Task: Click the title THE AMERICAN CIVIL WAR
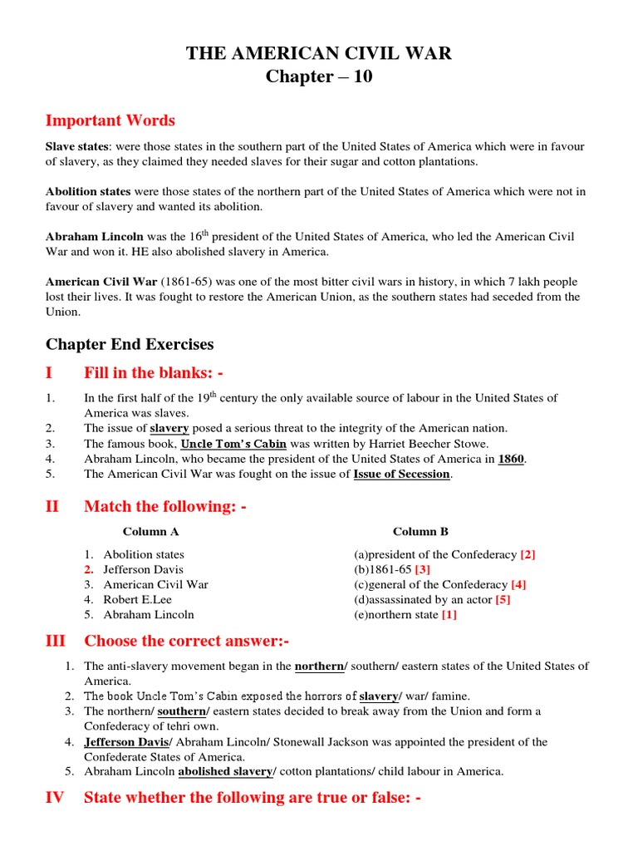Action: pos(318,55)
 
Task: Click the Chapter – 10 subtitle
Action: pos(318,78)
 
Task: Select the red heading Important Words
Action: pos(110,121)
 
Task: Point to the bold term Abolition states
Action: pos(88,191)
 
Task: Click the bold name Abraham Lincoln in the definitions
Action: pos(94,237)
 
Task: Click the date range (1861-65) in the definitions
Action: pos(184,282)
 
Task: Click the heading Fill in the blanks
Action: pos(154,373)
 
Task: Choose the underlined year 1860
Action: pos(511,459)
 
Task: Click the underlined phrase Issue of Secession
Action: pos(401,474)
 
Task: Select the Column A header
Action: pos(150,531)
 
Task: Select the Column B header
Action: pos(420,531)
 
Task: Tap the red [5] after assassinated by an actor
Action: pos(503,599)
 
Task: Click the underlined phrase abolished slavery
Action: pos(225,771)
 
